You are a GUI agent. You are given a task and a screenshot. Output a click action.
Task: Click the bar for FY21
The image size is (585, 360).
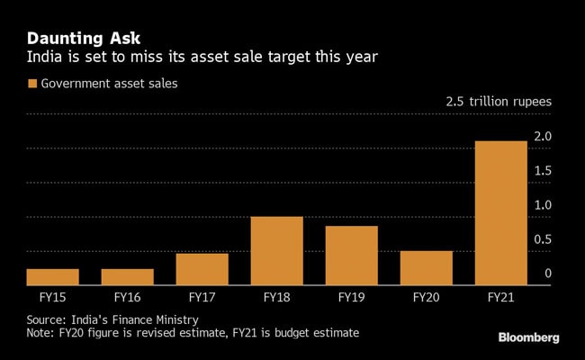click(x=500, y=213)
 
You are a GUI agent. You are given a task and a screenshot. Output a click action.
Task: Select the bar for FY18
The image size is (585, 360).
click(x=276, y=251)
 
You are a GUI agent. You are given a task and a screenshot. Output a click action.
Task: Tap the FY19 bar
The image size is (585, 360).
click(x=351, y=256)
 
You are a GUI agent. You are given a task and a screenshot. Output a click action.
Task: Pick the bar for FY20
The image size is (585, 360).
click(x=426, y=268)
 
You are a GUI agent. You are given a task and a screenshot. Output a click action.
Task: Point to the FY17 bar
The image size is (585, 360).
click(x=202, y=269)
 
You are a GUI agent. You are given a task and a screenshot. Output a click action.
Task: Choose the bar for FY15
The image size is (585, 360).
click(x=52, y=277)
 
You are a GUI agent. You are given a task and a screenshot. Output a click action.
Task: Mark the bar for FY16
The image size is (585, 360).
click(x=127, y=277)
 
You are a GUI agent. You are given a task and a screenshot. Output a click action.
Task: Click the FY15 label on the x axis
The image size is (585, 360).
click(x=52, y=296)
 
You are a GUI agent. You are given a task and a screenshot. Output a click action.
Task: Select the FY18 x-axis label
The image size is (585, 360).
click(x=276, y=296)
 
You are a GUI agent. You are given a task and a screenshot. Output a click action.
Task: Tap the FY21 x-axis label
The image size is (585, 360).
click(x=500, y=296)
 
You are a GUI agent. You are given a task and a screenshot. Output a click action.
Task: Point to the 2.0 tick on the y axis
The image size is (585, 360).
click(x=544, y=137)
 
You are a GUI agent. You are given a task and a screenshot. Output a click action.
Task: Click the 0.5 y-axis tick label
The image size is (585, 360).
click(x=544, y=239)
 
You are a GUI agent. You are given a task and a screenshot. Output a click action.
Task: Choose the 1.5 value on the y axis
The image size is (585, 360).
click(x=544, y=171)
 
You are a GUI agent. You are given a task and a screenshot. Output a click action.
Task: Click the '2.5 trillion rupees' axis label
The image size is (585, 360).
click(x=499, y=102)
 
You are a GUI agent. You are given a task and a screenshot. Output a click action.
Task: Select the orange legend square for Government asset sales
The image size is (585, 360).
click(x=32, y=84)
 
